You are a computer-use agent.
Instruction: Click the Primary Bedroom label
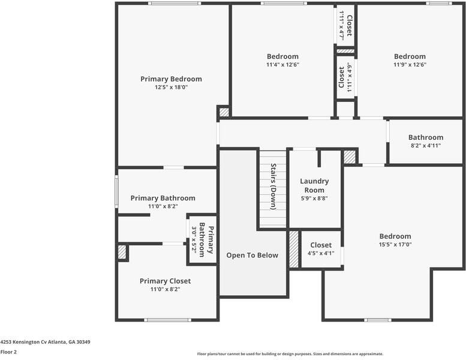click(x=171, y=79)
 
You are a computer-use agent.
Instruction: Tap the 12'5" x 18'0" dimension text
click(x=171, y=87)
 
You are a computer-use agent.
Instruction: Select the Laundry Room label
click(x=314, y=185)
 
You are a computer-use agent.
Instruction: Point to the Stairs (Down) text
click(x=273, y=186)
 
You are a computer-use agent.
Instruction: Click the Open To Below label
click(x=252, y=255)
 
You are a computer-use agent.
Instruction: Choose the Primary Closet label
click(x=165, y=281)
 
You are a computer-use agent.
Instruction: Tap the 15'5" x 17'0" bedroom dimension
click(x=395, y=245)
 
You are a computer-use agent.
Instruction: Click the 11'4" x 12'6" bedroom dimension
click(x=282, y=65)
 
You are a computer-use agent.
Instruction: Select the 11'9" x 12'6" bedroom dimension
click(x=410, y=65)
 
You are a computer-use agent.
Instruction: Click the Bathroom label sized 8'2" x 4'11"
click(x=426, y=137)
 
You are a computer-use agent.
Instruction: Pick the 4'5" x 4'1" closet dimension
click(x=321, y=253)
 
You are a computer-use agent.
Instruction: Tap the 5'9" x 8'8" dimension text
click(x=314, y=199)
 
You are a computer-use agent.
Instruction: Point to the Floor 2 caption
click(x=8, y=352)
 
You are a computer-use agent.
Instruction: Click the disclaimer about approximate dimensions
click(x=290, y=354)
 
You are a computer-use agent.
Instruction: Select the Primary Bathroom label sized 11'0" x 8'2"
click(x=163, y=198)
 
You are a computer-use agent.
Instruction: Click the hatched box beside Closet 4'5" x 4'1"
click(x=294, y=249)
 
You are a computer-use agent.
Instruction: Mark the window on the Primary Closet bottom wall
click(x=168, y=320)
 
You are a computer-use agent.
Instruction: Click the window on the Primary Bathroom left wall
click(x=116, y=191)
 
